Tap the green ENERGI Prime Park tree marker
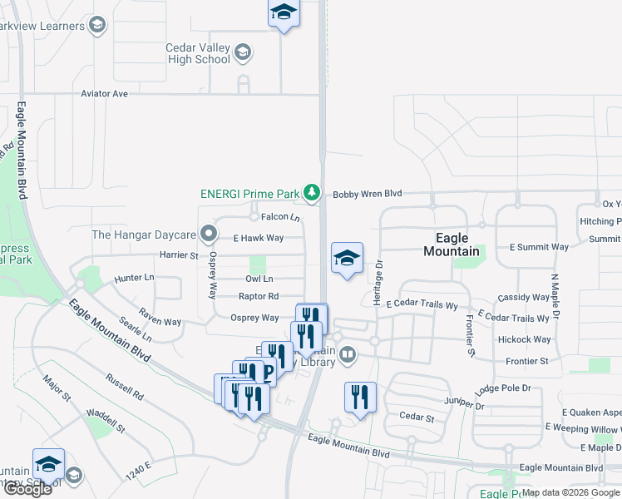(x=312, y=194)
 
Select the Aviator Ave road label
(x=104, y=94)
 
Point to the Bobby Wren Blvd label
(x=367, y=194)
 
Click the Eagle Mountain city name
(x=452, y=245)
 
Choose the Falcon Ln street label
(x=280, y=217)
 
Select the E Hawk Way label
(x=258, y=238)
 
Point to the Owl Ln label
(x=259, y=279)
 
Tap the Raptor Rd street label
(x=258, y=296)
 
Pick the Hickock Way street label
(x=524, y=339)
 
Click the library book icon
(x=348, y=355)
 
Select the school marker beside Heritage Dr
(x=347, y=259)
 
